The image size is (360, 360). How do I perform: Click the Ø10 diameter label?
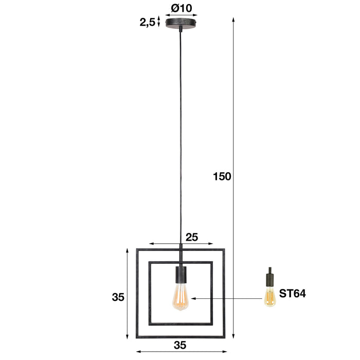(x=182, y=8)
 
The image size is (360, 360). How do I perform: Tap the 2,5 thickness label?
(x=148, y=22)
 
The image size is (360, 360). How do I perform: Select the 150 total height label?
(x=222, y=176)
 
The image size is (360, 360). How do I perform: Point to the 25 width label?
(x=192, y=237)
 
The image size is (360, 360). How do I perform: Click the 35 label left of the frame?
(x=118, y=297)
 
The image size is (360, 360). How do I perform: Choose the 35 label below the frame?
(x=180, y=345)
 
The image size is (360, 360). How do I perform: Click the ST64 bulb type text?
(x=292, y=294)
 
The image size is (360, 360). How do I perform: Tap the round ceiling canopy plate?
(x=181, y=24)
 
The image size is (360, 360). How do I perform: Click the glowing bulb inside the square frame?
(x=181, y=297)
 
